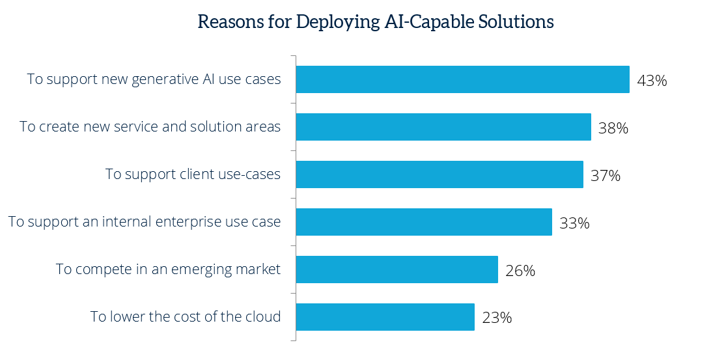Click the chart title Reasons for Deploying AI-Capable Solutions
click(x=376, y=21)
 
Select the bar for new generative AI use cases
click(x=462, y=79)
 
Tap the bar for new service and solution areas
click(x=443, y=127)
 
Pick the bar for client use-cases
click(x=440, y=174)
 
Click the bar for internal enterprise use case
click(x=424, y=222)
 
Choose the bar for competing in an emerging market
click(x=397, y=270)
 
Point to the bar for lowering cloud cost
click(x=385, y=317)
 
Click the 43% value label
click(x=652, y=81)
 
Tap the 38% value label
click(x=613, y=128)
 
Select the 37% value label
click(x=606, y=176)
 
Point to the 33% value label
click(x=574, y=223)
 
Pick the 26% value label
click(x=520, y=271)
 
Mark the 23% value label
click(x=497, y=318)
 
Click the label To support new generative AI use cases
click(x=154, y=79)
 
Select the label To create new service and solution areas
click(x=150, y=127)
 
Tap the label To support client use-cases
click(x=193, y=174)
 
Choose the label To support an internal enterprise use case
click(x=145, y=222)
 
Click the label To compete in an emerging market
click(x=168, y=270)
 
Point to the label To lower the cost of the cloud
click(x=186, y=317)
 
